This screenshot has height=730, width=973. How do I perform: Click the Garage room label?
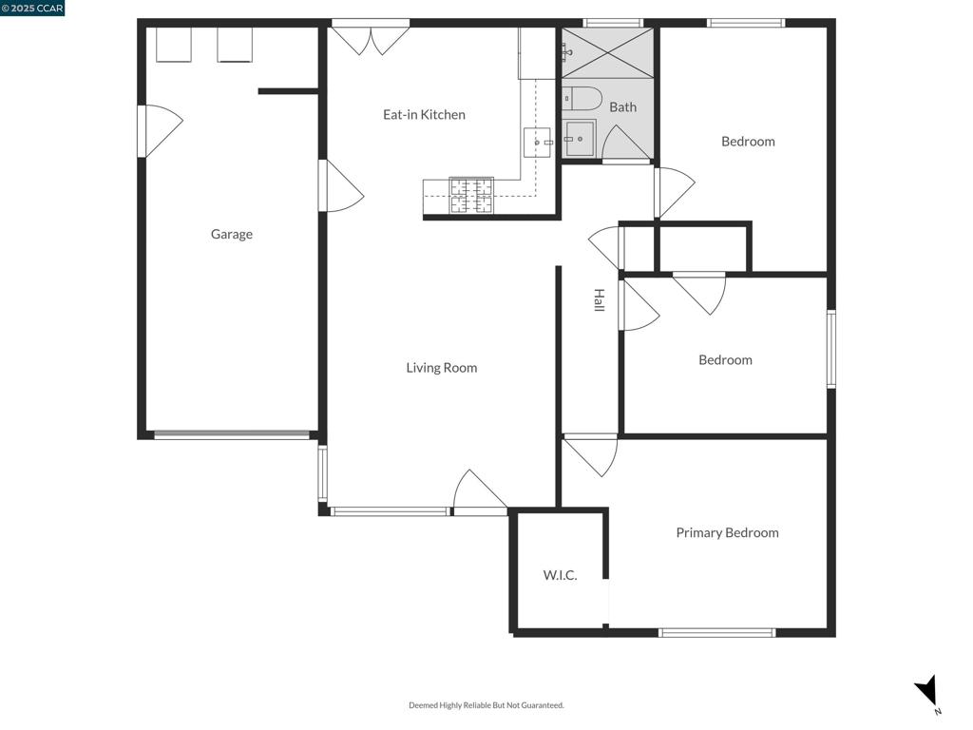click(231, 234)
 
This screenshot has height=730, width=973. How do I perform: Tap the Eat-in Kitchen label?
click(424, 115)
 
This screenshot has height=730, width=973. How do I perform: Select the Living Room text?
click(441, 368)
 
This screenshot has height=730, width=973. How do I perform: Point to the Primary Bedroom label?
click(727, 533)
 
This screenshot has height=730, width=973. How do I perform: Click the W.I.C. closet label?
click(560, 575)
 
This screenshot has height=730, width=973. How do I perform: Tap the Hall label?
click(599, 300)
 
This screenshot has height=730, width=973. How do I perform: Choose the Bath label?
click(622, 107)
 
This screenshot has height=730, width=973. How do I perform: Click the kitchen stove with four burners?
click(471, 195)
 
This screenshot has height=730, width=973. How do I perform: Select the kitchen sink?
click(537, 143)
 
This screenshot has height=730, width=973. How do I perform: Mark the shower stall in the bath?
click(607, 52)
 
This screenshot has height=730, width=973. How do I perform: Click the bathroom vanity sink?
click(578, 139)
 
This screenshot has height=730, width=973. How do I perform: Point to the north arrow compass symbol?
click(927, 691)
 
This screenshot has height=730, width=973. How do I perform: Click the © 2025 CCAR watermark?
click(32, 9)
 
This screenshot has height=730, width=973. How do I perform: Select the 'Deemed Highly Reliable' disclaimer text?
click(486, 705)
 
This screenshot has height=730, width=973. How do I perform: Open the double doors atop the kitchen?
click(371, 38)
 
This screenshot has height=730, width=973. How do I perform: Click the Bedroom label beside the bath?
click(748, 142)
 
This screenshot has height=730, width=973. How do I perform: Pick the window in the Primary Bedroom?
click(716, 632)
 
